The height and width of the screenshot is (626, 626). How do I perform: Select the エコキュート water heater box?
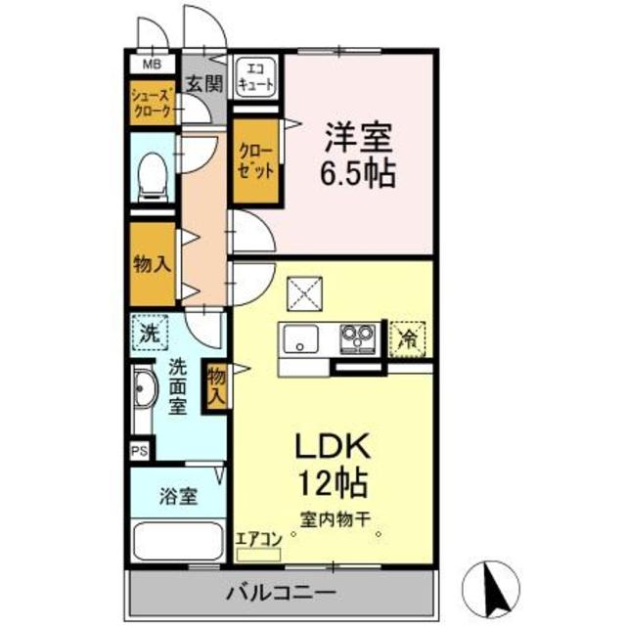[x=256, y=76]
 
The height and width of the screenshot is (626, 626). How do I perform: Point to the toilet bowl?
[x=152, y=177]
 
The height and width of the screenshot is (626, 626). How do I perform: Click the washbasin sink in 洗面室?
[x=145, y=391]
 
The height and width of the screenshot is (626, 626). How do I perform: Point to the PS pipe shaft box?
[x=139, y=453]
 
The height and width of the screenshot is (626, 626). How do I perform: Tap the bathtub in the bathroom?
[x=178, y=542]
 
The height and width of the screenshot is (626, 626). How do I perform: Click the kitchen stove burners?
[x=355, y=339]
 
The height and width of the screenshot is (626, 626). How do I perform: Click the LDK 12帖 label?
[x=333, y=465]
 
